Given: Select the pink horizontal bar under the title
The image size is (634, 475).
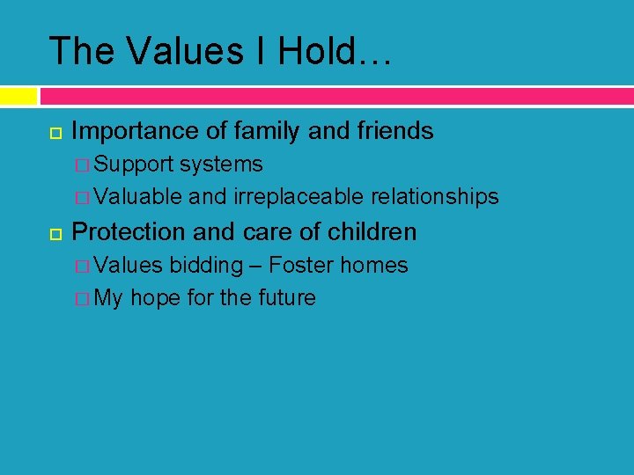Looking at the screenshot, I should click(x=335, y=95).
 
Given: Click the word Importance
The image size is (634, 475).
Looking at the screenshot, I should click(x=136, y=132).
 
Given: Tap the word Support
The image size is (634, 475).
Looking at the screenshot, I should click(x=134, y=164).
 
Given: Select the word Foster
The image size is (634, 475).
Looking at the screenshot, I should click(x=301, y=265).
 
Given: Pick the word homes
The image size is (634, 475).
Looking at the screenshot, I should click(x=374, y=265).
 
